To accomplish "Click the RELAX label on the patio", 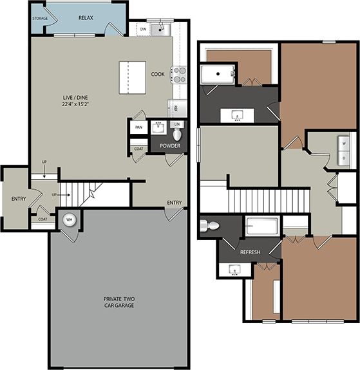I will click(86, 17).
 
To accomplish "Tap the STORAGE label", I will click(40, 18).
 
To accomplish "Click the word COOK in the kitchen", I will click(158, 74).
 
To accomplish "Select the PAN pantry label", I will click(138, 127).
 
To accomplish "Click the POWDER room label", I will click(170, 146).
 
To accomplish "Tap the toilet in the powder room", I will click(178, 134).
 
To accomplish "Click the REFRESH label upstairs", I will click(250, 252).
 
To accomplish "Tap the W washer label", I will click(344, 143).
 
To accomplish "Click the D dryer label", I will click(344, 158).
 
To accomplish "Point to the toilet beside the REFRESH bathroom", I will click(209, 226).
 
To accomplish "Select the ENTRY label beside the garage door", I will click(174, 203).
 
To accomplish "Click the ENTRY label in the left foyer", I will click(18, 198).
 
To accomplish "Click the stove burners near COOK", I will click(178, 74).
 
